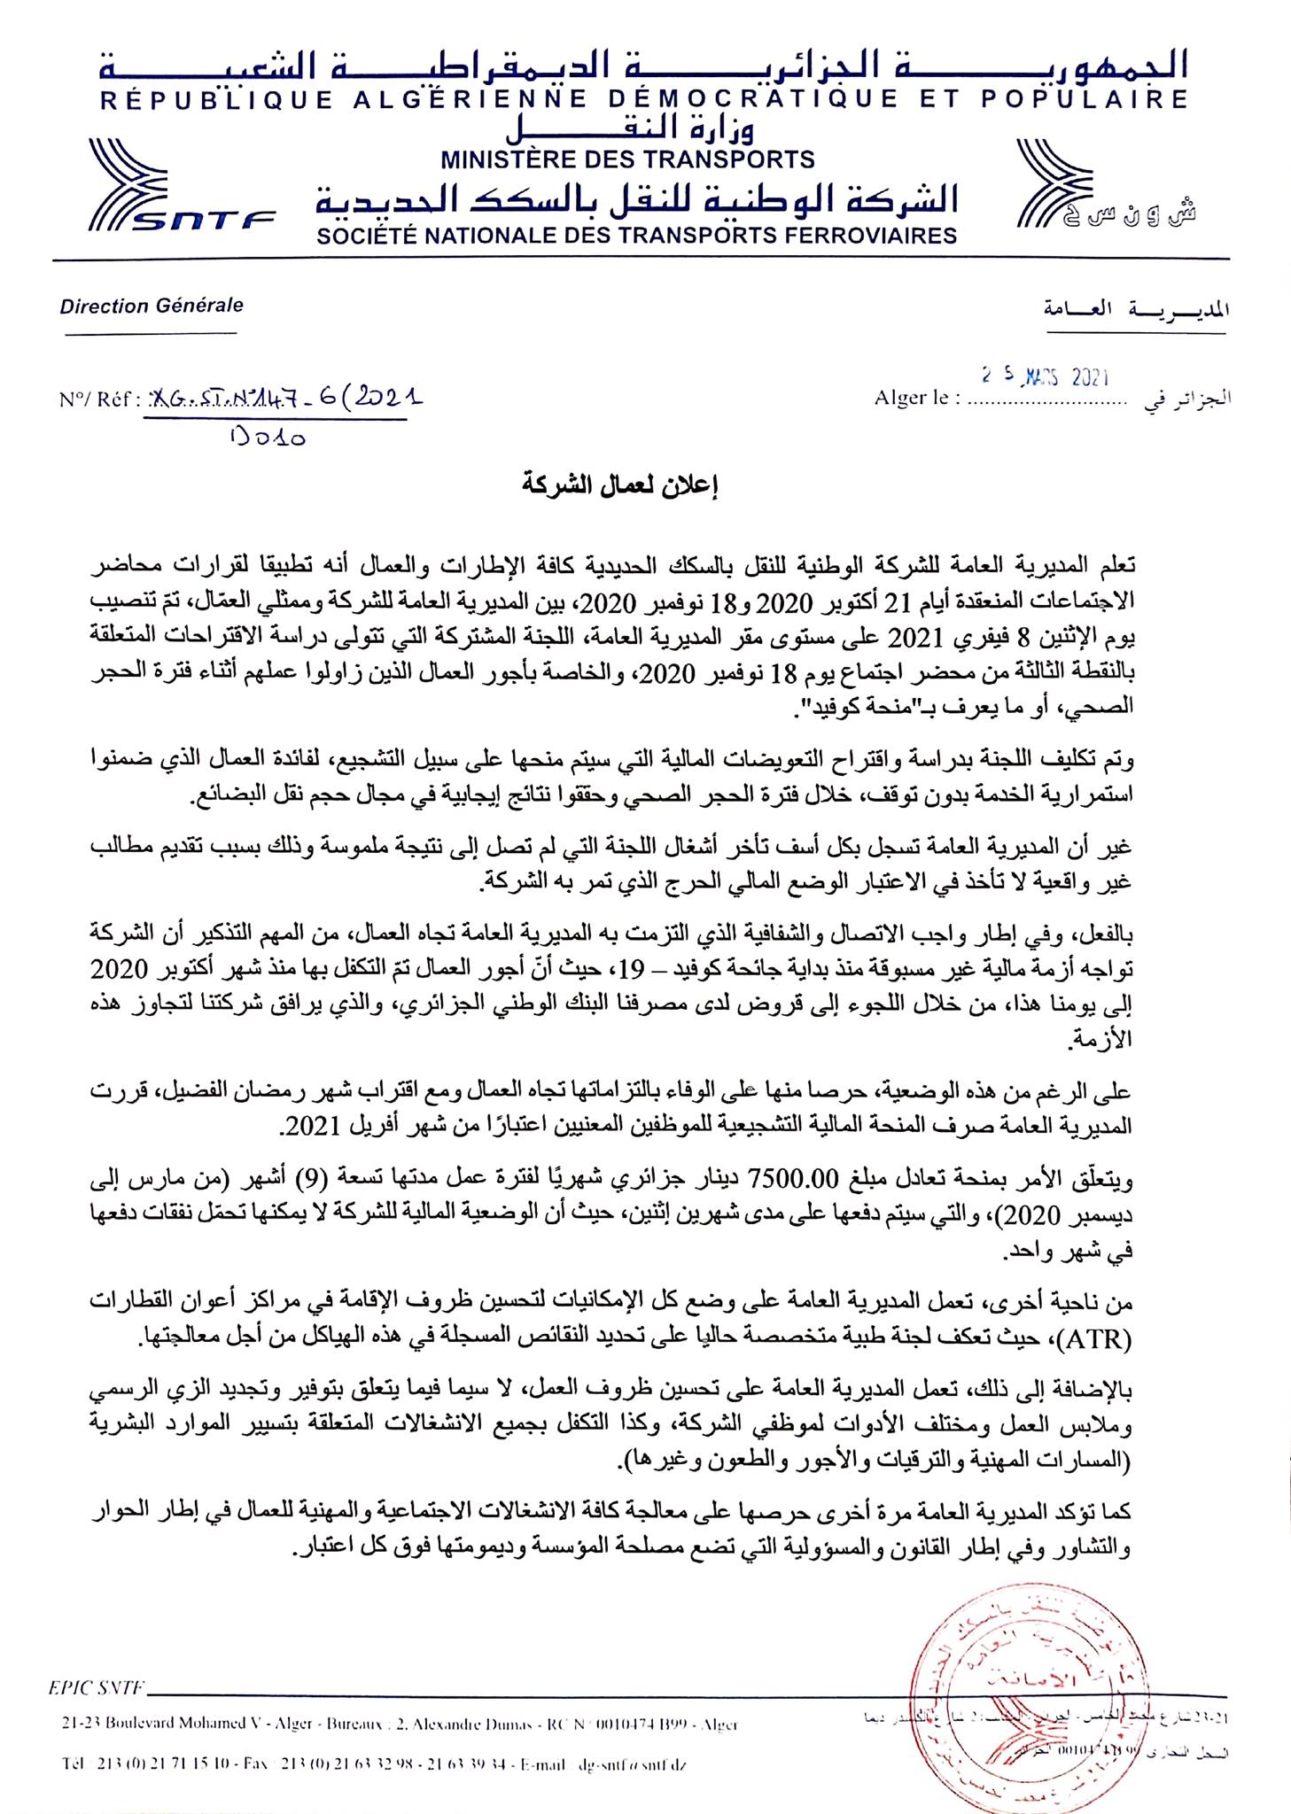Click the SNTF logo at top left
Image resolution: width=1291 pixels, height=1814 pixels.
(183, 188)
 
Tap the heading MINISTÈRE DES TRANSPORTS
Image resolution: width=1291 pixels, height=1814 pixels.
(627, 159)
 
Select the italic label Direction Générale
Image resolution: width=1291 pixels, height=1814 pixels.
(152, 306)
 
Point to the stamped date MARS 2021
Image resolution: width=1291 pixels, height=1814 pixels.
(1046, 377)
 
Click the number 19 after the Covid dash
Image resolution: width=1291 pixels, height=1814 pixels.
(633, 969)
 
